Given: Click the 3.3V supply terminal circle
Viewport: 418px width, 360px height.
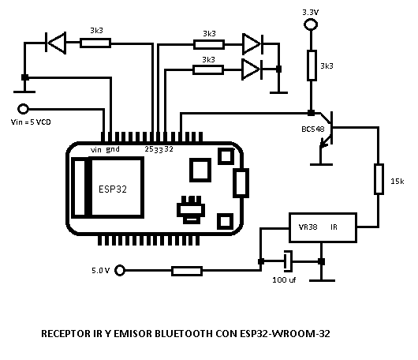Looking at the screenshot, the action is pos(311,24).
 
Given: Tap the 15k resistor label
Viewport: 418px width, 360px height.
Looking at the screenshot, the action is pos(397,182).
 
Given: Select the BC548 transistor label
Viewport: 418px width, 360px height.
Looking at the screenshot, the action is pos(313,129).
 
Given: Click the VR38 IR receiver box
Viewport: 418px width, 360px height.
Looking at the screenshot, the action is pos(323,227).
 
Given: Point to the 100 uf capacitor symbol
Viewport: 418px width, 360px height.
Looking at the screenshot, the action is pos(288,261).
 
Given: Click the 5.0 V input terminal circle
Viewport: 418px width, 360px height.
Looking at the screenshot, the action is pos(120,270).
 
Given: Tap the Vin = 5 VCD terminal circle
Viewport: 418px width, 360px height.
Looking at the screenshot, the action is pos(23,109).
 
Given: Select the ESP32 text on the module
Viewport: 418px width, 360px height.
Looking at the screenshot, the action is pos(113,189).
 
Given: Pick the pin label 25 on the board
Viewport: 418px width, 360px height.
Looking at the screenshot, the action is pos(149,149).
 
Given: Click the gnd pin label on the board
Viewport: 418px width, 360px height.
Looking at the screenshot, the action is pos(113,149).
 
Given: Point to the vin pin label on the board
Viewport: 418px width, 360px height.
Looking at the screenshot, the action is pos(96,150).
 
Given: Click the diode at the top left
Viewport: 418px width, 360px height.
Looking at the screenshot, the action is pos(56,43).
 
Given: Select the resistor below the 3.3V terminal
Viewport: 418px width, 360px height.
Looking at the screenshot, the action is pos(312,65).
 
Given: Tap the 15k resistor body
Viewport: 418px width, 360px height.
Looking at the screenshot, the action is pos(379,178).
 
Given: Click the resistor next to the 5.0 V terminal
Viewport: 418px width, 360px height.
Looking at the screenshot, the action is pos(187,271).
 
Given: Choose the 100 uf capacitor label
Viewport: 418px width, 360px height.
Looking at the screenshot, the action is pos(284,279).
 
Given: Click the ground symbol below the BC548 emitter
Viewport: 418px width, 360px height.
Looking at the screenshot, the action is pos(321,164).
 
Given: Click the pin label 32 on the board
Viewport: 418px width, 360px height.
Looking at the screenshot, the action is pos(169,149).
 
